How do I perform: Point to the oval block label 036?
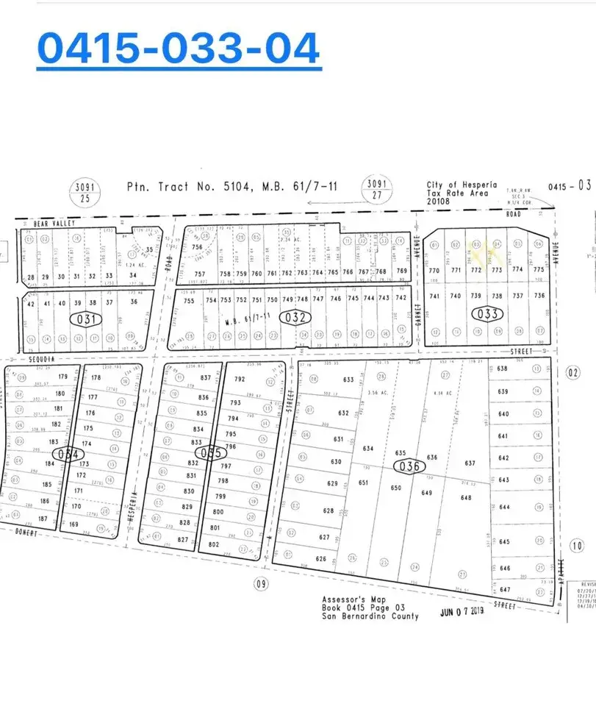click(x=409, y=466)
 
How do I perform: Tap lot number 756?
click(x=197, y=247)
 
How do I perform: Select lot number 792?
click(x=239, y=379)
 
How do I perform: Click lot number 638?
click(x=503, y=369)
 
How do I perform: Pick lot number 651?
click(x=362, y=483)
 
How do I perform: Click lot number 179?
click(x=62, y=377)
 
